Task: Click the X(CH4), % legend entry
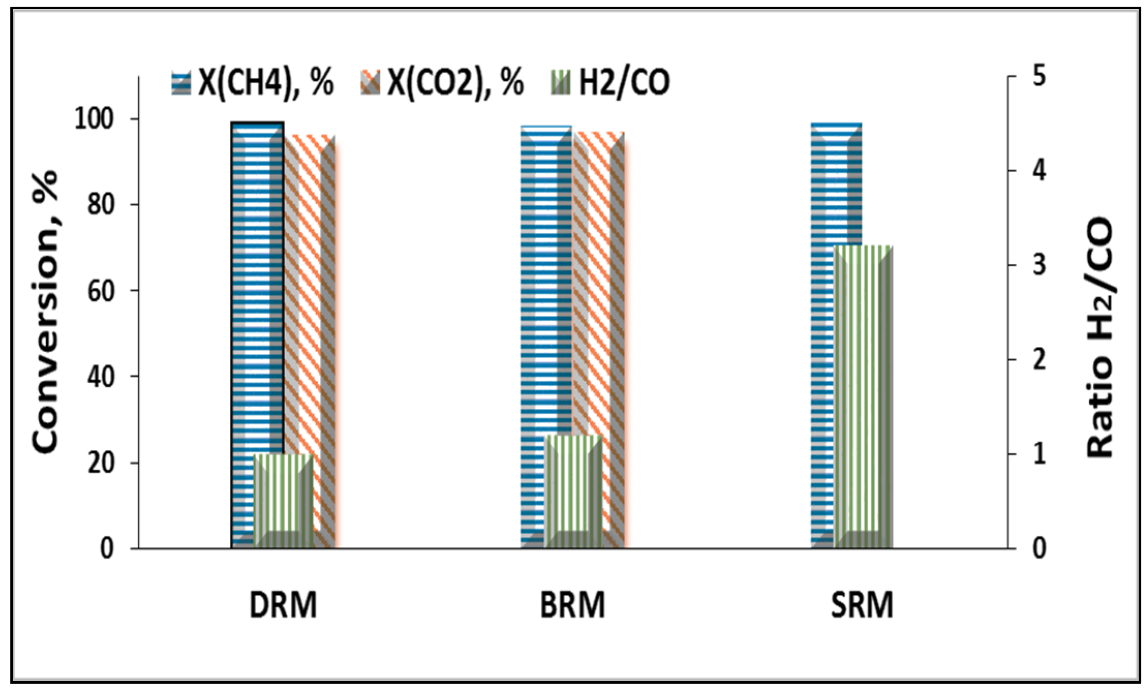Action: pyautogui.click(x=253, y=83)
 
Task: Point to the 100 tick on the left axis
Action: pyautogui.click(x=94, y=119)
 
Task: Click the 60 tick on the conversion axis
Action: pyautogui.click(x=100, y=291)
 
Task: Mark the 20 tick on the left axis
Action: pyautogui.click(x=100, y=463)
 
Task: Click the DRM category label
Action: pyautogui.click(x=283, y=605)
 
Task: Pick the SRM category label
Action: pyautogui.click(x=862, y=605)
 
